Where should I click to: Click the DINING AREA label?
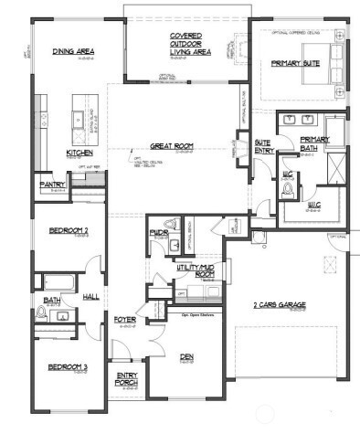pyautogui.click(x=74, y=52)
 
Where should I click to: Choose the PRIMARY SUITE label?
pyautogui.click(x=292, y=64)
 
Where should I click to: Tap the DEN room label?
pyautogui.click(x=185, y=356)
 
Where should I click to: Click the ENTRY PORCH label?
pyautogui.click(x=125, y=379)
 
